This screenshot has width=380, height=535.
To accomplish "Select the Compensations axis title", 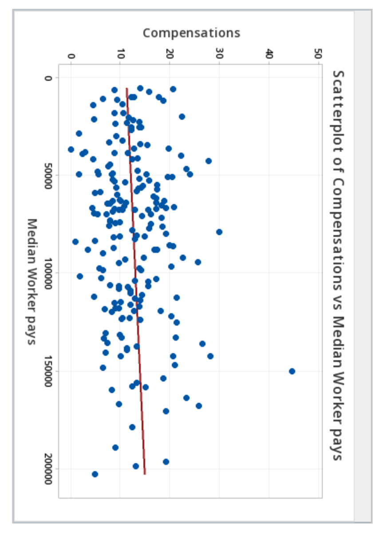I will [x=191, y=33].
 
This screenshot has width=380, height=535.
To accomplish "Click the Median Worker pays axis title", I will [x=32, y=281].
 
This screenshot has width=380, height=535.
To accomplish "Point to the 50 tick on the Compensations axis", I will [x=318, y=54].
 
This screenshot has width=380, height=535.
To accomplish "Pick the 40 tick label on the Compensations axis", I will [x=269, y=54].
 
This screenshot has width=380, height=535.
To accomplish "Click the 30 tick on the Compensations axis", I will [x=219, y=54].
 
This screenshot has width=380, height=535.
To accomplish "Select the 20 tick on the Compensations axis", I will [x=169, y=54].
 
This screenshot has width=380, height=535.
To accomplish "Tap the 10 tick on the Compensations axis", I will [x=120, y=54].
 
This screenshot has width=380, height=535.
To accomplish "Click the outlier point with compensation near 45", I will [x=292, y=371].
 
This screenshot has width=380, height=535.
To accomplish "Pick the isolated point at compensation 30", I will [x=219, y=232].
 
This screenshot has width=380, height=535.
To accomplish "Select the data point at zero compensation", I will [x=71, y=149].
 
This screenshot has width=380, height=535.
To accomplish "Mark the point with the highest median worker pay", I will [x=95, y=474].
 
